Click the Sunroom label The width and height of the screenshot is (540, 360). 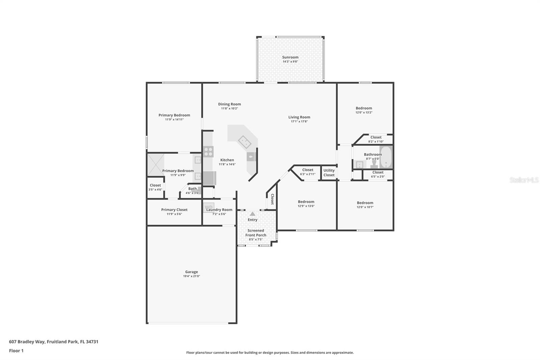(290, 57)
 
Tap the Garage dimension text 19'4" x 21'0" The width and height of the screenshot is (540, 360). (191, 276)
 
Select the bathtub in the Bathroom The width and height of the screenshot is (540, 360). (386, 157)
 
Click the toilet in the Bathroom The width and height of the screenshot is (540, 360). (374, 164)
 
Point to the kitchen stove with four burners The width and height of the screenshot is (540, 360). (208, 152)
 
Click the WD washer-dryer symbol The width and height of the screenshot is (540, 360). (209, 207)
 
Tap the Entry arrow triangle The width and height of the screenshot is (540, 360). (252, 214)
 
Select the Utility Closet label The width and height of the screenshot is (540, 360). (329, 173)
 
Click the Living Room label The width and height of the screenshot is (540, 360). (299, 117)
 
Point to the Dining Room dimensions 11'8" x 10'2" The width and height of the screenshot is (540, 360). (230, 108)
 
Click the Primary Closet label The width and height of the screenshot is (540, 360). (174, 210)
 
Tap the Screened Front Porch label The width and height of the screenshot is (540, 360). (255, 233)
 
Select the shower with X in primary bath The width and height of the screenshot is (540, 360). (156, 164)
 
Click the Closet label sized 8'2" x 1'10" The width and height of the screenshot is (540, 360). (376, 137)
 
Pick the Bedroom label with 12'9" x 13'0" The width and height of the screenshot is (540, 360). (306, 202)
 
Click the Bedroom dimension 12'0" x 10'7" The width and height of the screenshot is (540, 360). (365, 207)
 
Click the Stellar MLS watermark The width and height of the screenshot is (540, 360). (524, 180)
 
